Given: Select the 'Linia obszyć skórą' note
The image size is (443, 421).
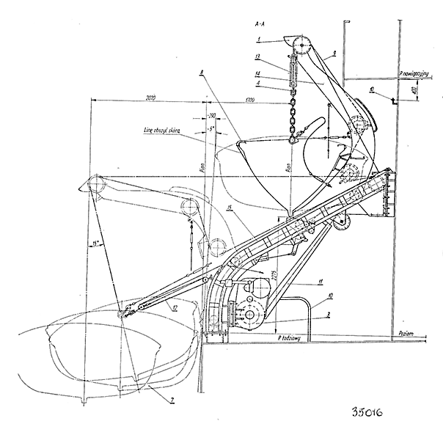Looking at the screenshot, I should [164, 132].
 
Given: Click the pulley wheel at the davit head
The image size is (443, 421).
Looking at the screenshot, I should [299, 45].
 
